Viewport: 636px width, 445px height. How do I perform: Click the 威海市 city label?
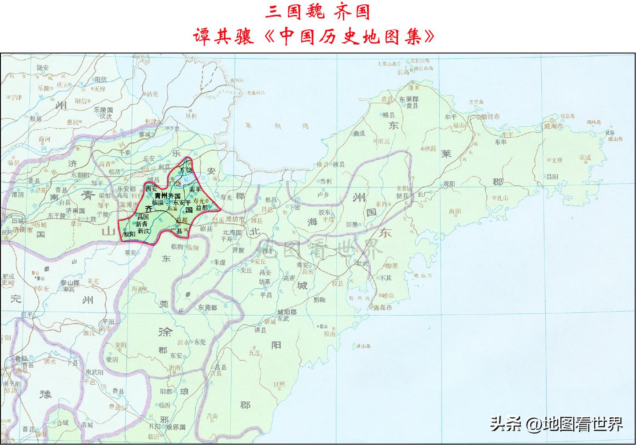pos(554,126)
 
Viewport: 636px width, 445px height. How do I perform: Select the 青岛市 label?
pos(382,308)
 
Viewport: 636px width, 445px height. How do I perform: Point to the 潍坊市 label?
pos(235,219)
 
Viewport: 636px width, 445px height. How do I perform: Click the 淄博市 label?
pos(129,204)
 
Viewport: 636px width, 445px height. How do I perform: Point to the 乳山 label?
pos(502,198)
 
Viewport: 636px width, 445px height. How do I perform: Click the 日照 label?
pos(279,384)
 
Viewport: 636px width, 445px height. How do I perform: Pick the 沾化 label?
pos(152,94)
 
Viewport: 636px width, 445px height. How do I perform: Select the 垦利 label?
pos(191,116)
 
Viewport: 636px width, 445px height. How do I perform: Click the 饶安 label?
pos(43,67)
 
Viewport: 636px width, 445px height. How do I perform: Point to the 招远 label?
pos(384,141)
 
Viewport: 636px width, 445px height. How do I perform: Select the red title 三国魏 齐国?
pos(317,12)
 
